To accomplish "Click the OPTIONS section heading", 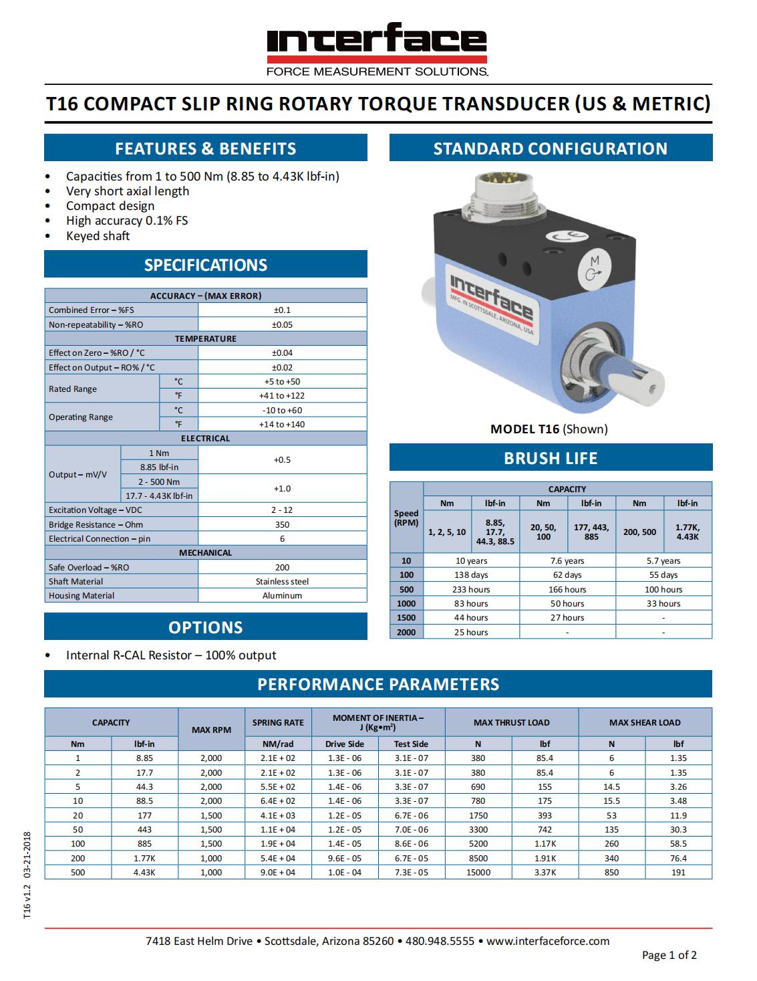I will click(206, 627).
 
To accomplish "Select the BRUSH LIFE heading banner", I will click(551, 458).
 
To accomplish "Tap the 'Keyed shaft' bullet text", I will click(98, 235).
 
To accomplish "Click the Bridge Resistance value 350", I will click(282, 524).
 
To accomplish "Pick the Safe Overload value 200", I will click(282, 567).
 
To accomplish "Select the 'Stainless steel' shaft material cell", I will click(282, 582).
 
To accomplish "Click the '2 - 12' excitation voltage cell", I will click(282, 510).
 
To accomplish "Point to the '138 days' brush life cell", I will click(471, 575).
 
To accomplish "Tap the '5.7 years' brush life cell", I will click(663, 561).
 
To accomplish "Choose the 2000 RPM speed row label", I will click(406, 632).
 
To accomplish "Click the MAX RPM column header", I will click(211, 730).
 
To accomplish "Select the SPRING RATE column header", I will click(278, 722).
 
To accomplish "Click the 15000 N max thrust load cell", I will click(478, 872).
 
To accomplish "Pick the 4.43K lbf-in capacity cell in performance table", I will click(144, 872).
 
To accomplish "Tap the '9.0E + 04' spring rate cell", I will click(278, 872).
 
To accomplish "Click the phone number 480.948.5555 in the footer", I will click(440, 941).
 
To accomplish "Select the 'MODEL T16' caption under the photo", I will click(524, 429).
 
